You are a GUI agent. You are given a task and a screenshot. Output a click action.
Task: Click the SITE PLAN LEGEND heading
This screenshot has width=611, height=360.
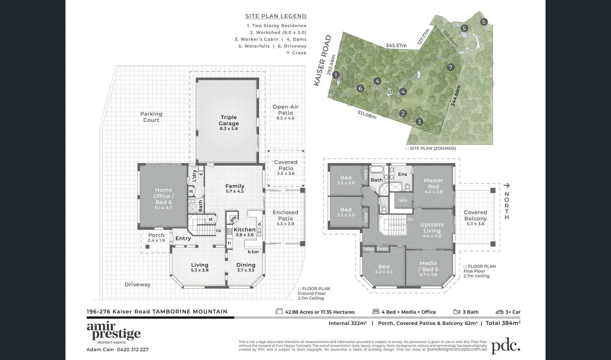point(276,16)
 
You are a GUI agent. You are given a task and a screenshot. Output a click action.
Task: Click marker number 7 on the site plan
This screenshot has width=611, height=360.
point(451,67)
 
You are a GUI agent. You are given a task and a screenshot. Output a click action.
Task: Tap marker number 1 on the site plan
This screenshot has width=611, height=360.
point(336,75)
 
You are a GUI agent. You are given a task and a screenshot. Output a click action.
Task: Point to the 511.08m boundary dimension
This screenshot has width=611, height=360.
point(367,114)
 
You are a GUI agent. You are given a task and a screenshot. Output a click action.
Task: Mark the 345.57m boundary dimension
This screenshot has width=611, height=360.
point(396,46)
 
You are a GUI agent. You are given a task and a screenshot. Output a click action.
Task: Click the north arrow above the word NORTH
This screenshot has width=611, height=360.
point(506,186)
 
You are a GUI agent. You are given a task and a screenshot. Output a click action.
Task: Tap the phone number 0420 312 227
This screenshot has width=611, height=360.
point(132,349)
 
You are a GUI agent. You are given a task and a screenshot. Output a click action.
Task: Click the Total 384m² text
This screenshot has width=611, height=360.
point(503,323)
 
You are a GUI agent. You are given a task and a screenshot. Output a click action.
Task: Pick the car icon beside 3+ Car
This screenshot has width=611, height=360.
point(499,312)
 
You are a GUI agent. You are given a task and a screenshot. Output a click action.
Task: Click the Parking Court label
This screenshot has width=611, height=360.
point(151,117)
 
